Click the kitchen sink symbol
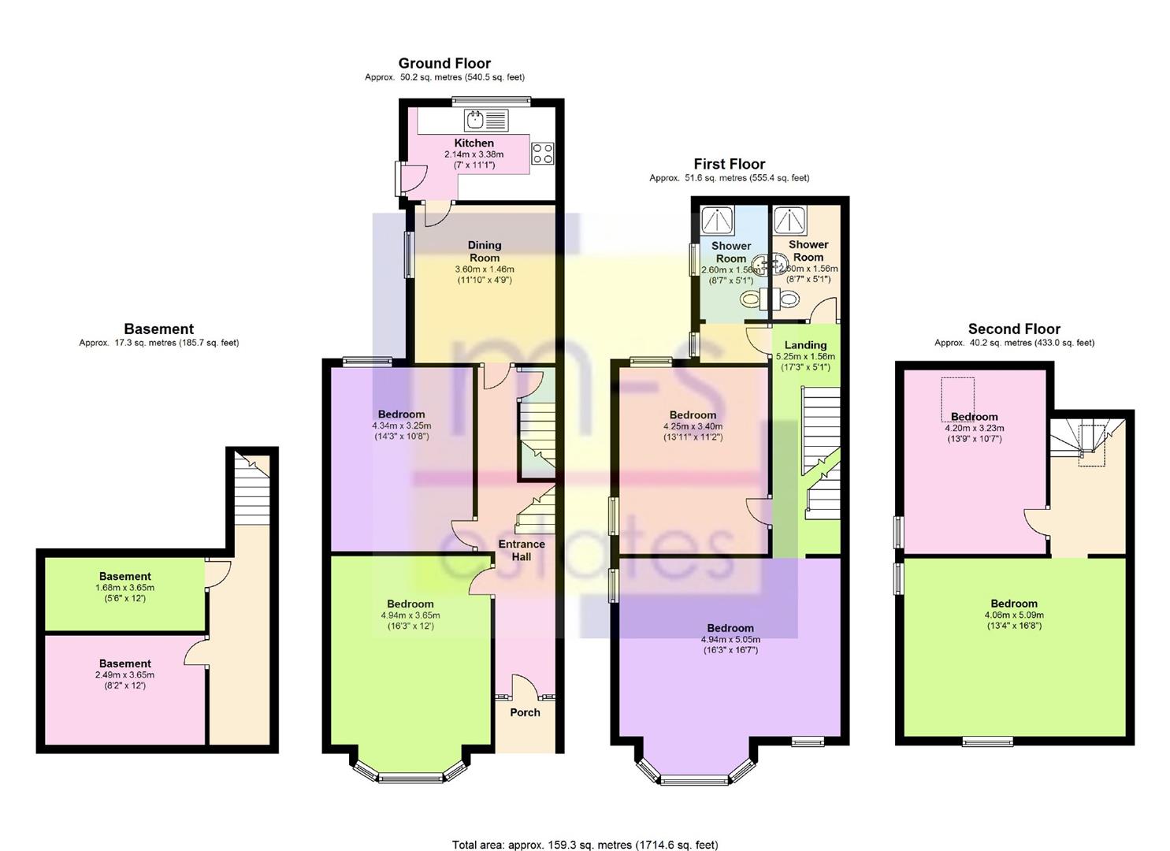(486, 121)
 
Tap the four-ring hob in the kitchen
(543, 153)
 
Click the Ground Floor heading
(444, 64)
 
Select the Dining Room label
(485, 251)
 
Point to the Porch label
(525, 712)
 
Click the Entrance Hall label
(522, 550)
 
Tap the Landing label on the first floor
(805, 345)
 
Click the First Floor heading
(729, 164)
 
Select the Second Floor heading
(1014, 329)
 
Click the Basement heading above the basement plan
(158, 329)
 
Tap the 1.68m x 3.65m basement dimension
(124, 588)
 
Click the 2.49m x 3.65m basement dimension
(124, 674)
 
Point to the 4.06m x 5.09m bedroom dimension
(1014, 615)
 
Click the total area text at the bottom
(585, 845)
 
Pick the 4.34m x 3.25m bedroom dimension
(402, 425)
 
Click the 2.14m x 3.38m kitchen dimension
(474, 154)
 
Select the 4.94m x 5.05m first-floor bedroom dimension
(730, 640)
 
